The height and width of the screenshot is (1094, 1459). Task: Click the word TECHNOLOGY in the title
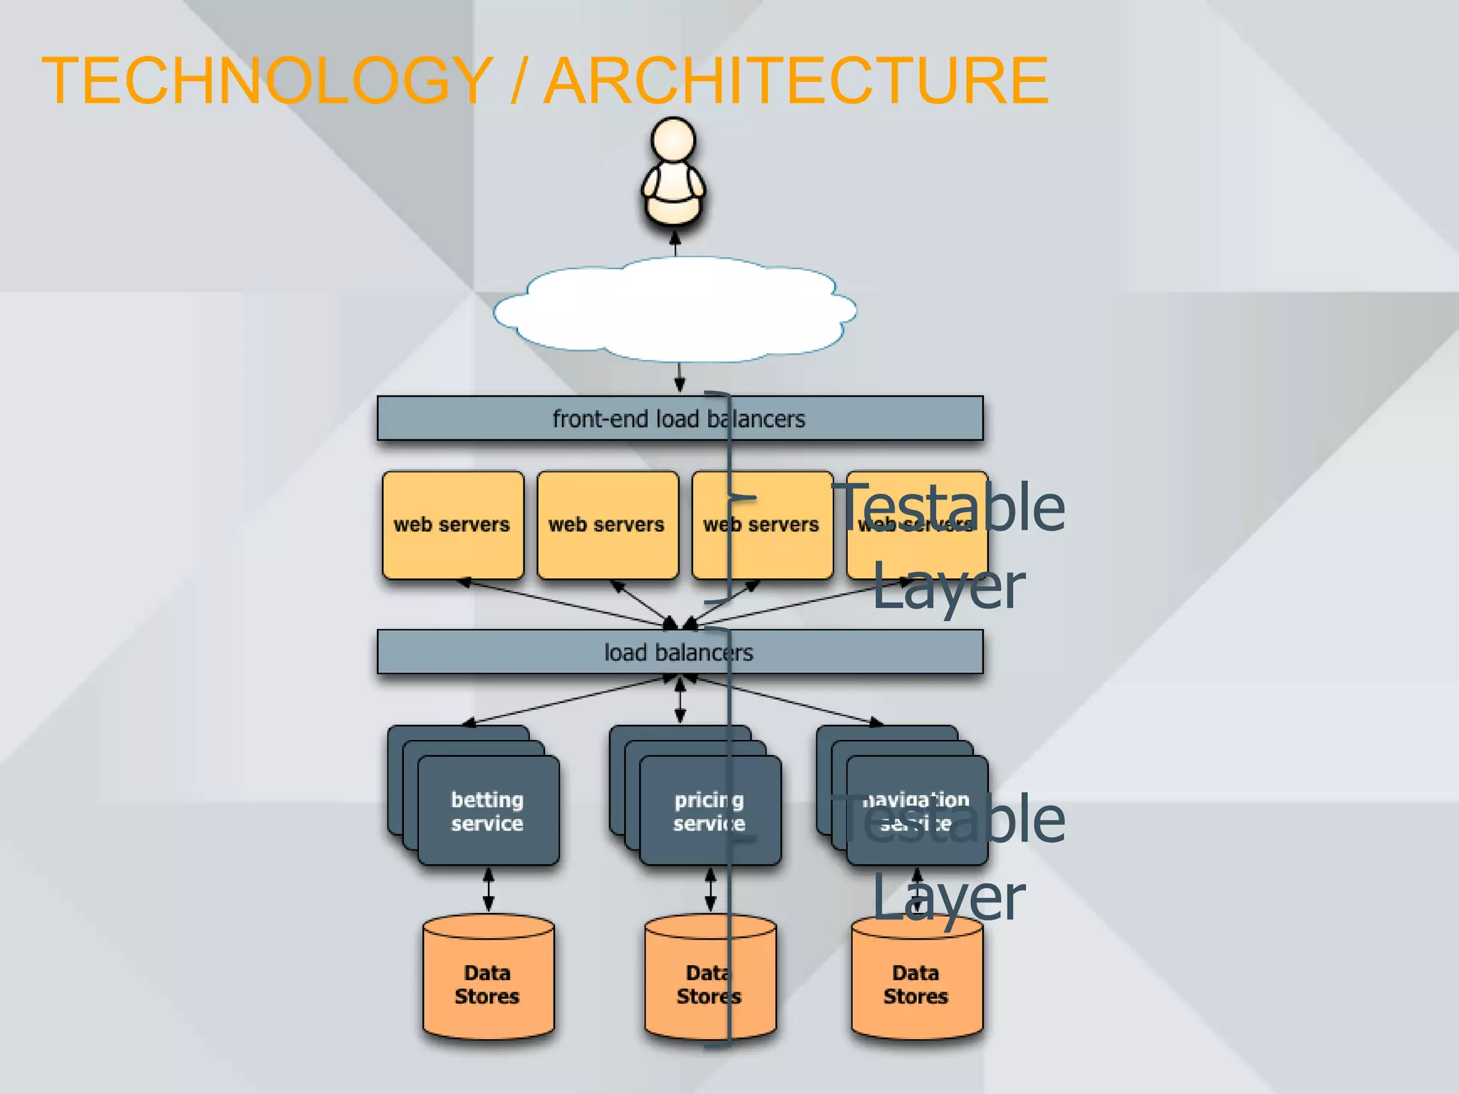pyautogui.click(x=267, y=80)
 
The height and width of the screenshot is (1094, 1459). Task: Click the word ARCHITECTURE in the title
pyautogui.click(x=796, y=80)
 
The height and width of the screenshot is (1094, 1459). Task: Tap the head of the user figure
pyautogui.click(x=673, y=140)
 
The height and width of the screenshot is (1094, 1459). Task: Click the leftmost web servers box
pyautogui.click(x=452, y=525)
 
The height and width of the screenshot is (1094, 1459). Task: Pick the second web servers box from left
pyautogui.click(x=607, y=525)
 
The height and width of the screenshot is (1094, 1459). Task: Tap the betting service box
pyautogui.click(x=488, y=811)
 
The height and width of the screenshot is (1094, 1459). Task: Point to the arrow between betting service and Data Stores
pyautogui.click(x=489, y=889)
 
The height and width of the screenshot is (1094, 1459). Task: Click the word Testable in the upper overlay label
pyautogui.click(x=951, y=507)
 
